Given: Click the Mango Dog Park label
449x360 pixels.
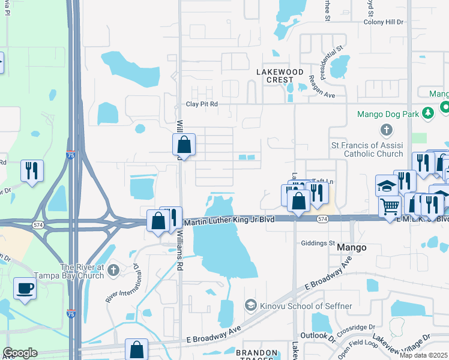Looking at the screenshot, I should tap(387, 113).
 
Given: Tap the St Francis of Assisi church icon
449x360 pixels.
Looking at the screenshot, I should tap(387, 130).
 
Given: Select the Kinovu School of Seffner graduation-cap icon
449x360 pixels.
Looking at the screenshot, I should tap(250, 306).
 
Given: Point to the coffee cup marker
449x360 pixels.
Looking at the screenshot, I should tap(25, 288).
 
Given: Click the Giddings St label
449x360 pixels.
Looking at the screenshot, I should tap(318, 243).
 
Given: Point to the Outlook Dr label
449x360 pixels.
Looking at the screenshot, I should tap(314, 335).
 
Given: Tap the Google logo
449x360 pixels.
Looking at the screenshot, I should tap(20, 353).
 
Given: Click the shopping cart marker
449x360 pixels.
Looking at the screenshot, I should tap(390, 206).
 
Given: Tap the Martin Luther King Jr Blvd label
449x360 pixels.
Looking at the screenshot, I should tap(229, 221).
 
